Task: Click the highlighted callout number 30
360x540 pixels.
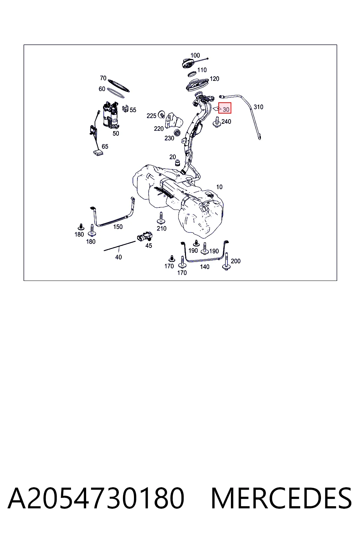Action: pos(226,109)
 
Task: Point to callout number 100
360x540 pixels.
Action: pos(195,56)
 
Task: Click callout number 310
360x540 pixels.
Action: pos(258,107)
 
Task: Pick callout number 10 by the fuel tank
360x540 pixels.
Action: pos(219,187)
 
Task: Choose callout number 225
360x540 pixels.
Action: pos(152,116)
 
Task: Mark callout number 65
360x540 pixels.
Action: pos(105,147)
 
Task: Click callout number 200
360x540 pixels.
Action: pos(236,261)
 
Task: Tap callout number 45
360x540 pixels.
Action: pos(148,246)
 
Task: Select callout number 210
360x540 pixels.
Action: pos(162,229)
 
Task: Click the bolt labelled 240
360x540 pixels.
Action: pos(217,122)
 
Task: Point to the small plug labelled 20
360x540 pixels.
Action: pos(178,163)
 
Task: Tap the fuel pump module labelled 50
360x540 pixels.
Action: pos(111,115)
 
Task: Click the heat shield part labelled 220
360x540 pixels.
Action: pos(173,120)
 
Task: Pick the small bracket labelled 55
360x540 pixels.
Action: pos(125,109)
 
